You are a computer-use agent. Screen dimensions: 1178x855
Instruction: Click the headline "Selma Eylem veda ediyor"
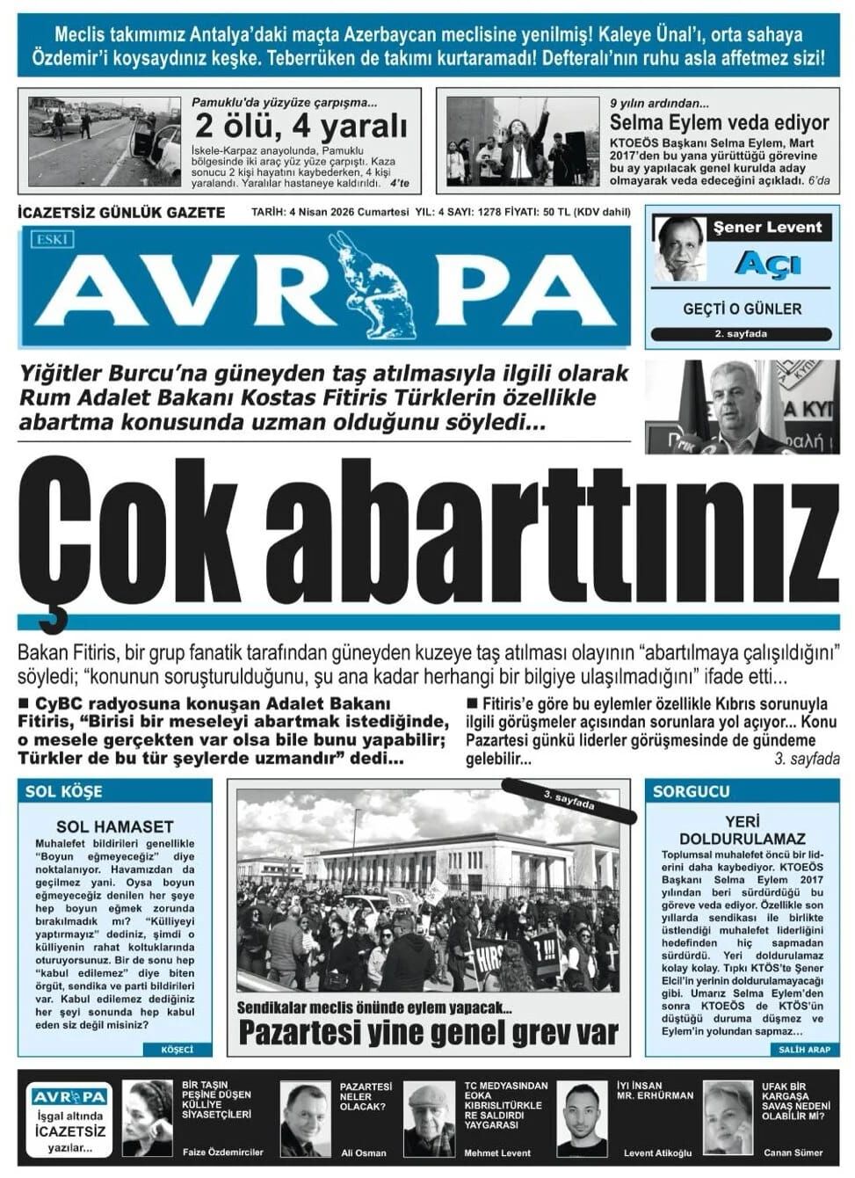[x=719, y=122]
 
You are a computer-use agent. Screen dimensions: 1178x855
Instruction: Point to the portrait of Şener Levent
[x=680, y=248]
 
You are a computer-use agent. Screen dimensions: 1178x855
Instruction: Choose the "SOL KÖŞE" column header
[x=64, y=791]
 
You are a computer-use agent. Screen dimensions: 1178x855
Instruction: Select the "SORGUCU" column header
[x=692, y=791]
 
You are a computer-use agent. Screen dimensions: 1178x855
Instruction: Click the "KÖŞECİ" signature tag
[x=177, y=1049]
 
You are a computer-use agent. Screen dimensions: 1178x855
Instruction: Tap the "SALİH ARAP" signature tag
[x=803, y=1049]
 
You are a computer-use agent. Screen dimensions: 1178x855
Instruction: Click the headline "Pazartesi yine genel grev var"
[x=429, y=1032]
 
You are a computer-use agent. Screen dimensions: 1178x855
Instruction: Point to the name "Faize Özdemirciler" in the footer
[x=222, y=1152]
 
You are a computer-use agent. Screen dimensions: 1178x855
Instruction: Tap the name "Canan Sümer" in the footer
[x=793, y=1152]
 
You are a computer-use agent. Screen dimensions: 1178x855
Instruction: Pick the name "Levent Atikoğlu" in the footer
[x=657, y=1152]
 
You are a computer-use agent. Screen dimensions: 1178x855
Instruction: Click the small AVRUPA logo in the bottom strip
[x=69, y=1096]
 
